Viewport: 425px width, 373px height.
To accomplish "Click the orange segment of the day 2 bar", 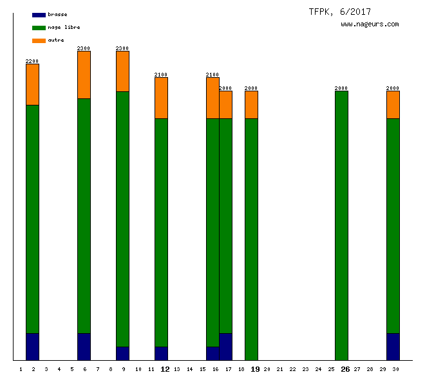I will (32, 84).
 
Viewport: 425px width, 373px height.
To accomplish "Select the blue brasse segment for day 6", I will (84, 347).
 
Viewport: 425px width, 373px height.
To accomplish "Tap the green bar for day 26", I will (341, 225).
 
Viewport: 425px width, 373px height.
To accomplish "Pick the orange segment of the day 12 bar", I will (161, 98).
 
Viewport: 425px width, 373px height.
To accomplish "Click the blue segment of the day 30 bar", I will (393, 347).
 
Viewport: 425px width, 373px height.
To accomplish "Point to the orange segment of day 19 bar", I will (251, 104).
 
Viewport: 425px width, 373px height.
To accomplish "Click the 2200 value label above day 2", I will (32, 61).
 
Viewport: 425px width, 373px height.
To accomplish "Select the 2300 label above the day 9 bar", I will (122, 48).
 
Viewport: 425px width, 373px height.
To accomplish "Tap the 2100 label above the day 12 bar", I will (161, 75).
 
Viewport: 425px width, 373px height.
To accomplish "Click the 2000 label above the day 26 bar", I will (341, 88).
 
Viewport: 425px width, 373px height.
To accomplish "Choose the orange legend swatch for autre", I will (39, 41).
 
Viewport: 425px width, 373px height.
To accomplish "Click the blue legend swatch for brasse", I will (39, 15).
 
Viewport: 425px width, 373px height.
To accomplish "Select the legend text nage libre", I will (64, 27).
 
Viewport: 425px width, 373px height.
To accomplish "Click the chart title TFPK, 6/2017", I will (339, 12).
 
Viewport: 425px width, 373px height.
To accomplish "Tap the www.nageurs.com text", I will (370, 24).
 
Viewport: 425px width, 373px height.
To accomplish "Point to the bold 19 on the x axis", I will (255, 369).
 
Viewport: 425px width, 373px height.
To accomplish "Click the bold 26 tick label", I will (345, 369).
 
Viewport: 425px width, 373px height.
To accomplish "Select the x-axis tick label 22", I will (293, 369).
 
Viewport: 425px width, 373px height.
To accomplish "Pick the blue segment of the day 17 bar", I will (225, 347).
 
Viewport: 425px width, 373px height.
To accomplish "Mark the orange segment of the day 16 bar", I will (212, 98).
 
